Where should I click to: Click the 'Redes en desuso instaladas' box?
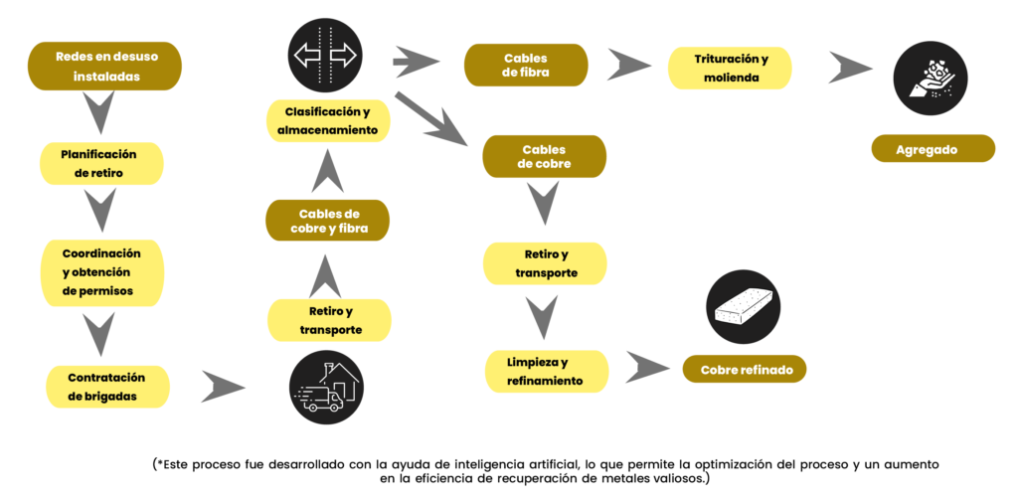105,66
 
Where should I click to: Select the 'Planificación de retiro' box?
100,163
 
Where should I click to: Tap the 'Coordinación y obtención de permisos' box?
101,272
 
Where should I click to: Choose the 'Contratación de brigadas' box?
107,387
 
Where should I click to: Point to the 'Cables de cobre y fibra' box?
327,221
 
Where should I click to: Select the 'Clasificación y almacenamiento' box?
328,120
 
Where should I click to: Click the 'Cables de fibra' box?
526,65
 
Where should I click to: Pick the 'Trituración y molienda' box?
731,66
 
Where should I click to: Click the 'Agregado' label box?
933,149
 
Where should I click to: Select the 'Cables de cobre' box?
544,157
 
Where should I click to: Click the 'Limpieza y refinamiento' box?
546,371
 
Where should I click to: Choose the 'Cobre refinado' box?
746,370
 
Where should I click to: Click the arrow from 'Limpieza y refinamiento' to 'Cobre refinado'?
646,367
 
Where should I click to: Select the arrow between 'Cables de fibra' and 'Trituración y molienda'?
628,65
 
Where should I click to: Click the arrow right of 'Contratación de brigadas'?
223,387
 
